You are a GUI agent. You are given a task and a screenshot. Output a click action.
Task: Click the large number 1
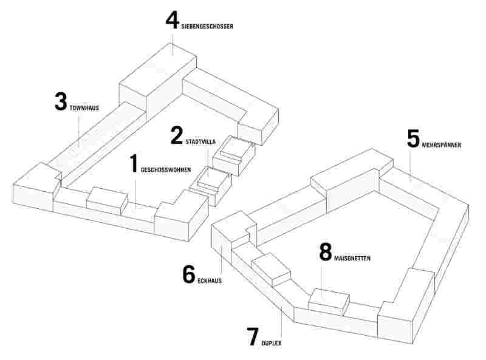(134, 165)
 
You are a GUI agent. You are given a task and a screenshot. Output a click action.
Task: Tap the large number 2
(176, 135)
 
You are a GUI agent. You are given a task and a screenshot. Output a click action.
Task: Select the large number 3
(60, 102)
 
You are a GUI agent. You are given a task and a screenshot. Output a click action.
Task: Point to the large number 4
(173, 21)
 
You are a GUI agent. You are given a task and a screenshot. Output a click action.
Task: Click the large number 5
(413, 138)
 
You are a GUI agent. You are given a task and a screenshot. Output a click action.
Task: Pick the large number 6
(189, 274)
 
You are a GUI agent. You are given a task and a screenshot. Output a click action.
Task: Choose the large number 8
(326, 252)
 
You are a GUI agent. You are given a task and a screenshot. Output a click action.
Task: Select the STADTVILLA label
(202, 141)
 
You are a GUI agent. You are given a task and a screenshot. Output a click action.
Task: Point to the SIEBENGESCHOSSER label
(207, 27)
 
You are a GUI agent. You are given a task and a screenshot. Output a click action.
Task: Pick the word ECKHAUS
(208, 281)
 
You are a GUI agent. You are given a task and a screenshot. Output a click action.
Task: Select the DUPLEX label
(272, 343)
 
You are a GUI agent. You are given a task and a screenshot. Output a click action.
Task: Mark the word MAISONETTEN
(352, 259)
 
